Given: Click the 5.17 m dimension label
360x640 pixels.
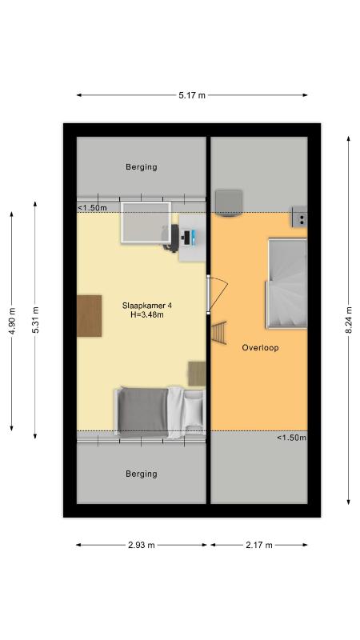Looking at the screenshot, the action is [x=192, y=95].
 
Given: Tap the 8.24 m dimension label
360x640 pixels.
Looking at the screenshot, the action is [x=349, y=319].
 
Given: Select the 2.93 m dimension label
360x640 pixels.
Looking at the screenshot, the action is [x=142, y=545].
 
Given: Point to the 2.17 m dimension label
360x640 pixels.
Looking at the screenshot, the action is [x=258, y=545].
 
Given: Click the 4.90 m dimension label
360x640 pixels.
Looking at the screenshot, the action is [x=12, y=321].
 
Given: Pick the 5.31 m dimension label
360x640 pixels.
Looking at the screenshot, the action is [x=35, y=319].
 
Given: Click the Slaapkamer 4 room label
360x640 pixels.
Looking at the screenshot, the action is [x=142, y=306].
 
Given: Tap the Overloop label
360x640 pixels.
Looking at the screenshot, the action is [x=260, y=348].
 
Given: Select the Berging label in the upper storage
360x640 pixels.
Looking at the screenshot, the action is [x=142, y=167].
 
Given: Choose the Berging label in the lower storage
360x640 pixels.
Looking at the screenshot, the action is [x=142, y=474].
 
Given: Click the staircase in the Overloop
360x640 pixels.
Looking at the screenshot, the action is [x=286, y=284].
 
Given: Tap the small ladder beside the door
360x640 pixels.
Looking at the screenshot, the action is [x=218, y=333].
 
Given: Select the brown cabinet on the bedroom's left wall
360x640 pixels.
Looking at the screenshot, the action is [x=90, y=316].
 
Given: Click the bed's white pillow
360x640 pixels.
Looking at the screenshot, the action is [x=193, y=410].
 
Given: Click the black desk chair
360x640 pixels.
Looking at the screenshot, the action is [x=172, y=238].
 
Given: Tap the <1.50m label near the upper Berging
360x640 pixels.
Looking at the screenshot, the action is [x=92, y=208].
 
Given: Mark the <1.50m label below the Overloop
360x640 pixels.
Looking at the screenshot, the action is [x=291, y=438].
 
